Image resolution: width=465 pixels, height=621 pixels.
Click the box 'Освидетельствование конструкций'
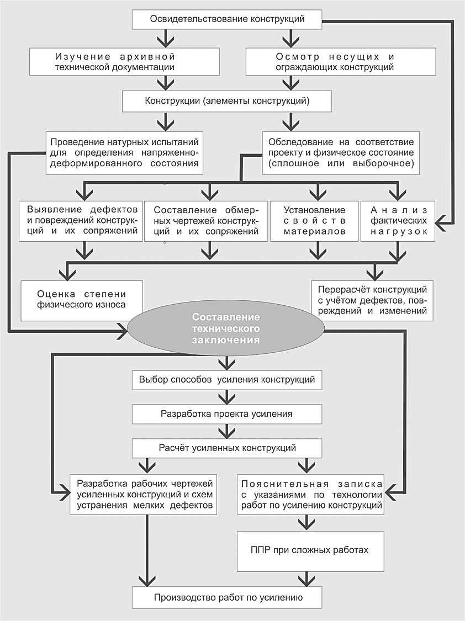(x=227, y=19)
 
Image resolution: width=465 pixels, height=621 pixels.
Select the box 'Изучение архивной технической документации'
(x=124, y=62)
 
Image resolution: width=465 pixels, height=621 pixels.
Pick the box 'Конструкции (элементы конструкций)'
(x=227, y=100)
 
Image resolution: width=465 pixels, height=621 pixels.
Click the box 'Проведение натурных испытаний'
(x=124, y=153)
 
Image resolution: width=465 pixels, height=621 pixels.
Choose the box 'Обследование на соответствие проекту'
(x=341, y=153)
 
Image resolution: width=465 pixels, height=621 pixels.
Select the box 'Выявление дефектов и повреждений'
(x=81, y=221)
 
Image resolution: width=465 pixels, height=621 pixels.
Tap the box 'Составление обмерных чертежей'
(x=205, y=221)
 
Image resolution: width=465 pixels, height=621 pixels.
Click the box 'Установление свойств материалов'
(x=314, y=221)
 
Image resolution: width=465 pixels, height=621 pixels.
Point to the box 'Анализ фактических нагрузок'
(x=398, y=221)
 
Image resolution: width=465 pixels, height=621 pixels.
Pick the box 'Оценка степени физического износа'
(x=82, y=301)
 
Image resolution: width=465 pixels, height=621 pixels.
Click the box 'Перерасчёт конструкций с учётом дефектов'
(x=372, y=301)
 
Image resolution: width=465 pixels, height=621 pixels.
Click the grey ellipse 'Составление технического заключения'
(x=226, y=328)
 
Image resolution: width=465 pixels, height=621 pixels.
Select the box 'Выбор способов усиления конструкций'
(x=227, y=380)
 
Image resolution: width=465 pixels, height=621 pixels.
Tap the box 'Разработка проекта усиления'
(x=227, y=414)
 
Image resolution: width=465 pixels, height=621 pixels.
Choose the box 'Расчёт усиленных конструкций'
(x=227, y=448)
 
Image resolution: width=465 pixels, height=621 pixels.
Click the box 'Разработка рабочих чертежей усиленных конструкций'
(x=144, y=494)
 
